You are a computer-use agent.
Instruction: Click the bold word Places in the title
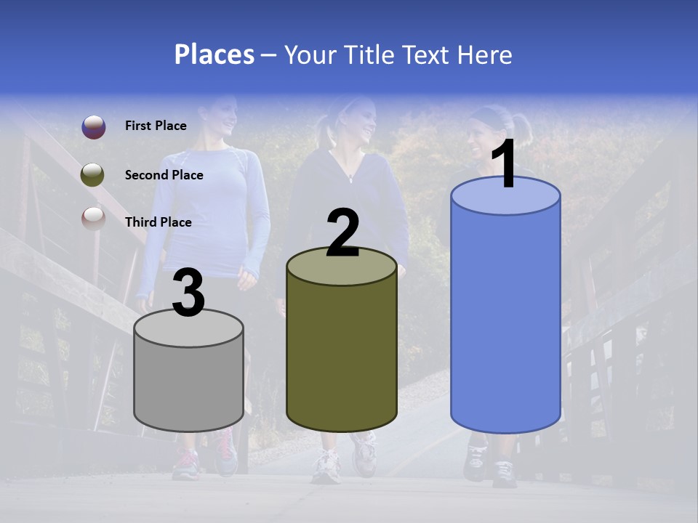tap(214, 54)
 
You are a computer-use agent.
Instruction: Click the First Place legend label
tap(156, 126)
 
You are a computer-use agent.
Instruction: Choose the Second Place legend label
tap(164, 175)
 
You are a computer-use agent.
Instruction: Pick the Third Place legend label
tap(158, 222)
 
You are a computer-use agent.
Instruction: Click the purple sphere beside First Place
tap(93, 126)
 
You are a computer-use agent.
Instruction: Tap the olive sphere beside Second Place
tap(93, 174)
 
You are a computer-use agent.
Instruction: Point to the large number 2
tap(342, 233)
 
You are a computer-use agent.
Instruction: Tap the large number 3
tap(188, 293)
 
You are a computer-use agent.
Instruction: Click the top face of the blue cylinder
tap(505, 196)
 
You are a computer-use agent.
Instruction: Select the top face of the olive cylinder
tap(342, 266)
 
